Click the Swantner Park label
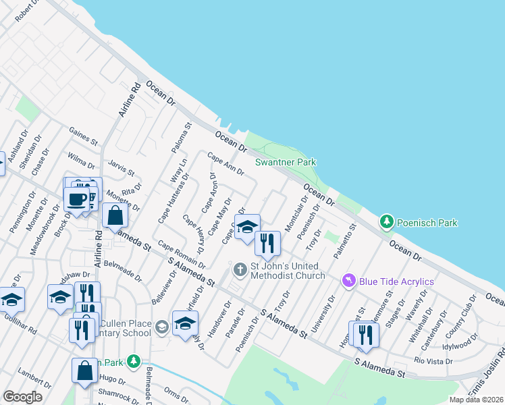tap(285, 162)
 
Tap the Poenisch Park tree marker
tap(386, 221)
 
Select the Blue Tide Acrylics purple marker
tap(348, 279)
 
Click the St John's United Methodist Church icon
tap(239, 270)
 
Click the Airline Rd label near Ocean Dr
tap(129, 99)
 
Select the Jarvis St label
tap(122, 169)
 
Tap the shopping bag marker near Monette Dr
tap(115, 216)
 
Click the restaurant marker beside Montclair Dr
tap(267, 243)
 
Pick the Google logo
tap(23, 397)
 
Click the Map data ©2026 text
tap(476, 400)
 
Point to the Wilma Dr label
tap(81, 161)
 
